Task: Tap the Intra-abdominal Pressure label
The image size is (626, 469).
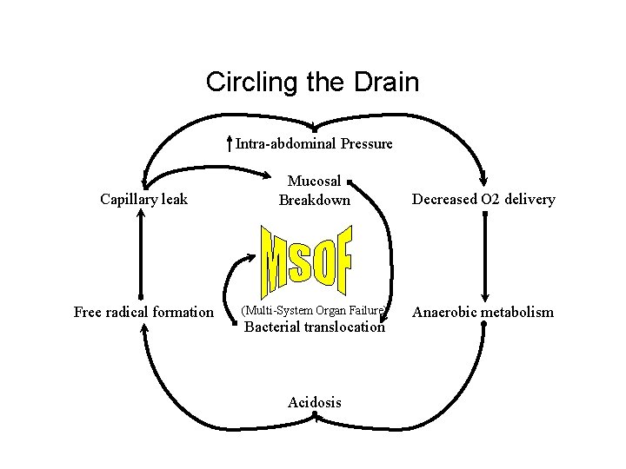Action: point(314,143)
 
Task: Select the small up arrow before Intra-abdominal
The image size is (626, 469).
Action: point(229,143)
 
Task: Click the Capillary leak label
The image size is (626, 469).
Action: point(143,199)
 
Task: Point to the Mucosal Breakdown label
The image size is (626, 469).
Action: point(314,191)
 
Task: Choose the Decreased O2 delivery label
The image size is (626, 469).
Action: point(483,199)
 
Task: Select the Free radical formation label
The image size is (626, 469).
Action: point(143,312)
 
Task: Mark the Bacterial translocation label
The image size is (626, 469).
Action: point(314,327)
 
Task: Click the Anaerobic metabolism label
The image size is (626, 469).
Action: point(483,312)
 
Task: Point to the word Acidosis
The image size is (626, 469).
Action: point(314,402)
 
